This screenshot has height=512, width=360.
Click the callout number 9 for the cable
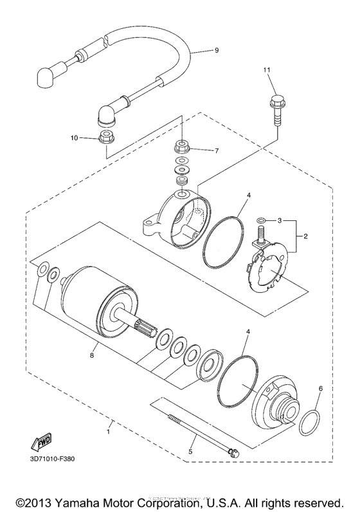coord(216,50)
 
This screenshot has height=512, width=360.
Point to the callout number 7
coord(217,152)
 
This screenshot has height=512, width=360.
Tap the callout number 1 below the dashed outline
coord(108,431)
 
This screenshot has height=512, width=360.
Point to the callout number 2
coord(305,236)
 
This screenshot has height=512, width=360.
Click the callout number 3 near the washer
coord(280,220)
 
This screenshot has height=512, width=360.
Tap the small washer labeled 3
coord(261,221)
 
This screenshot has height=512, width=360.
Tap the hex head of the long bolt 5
coord(234,454)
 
